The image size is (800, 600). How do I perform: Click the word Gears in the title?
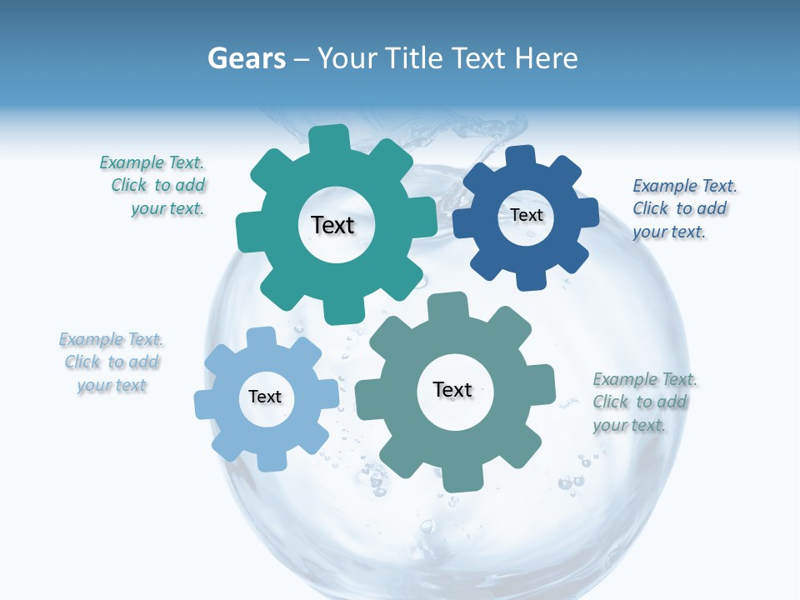coord(246,58)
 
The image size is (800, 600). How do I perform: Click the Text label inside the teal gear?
coord(332,225)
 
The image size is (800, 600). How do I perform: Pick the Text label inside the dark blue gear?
coord(527,215)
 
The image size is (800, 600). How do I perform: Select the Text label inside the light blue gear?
coord(265,397)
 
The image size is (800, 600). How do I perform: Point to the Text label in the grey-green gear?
coord(452,389)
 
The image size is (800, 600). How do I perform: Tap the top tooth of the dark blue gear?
coord(520,157)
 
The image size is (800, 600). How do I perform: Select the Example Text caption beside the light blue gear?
coord(112,362)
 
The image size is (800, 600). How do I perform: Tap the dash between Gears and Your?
coord(303,59)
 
